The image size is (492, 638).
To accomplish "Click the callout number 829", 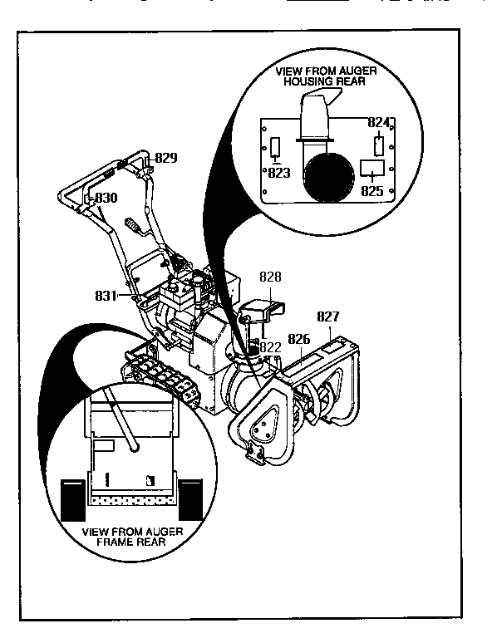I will (166, 157).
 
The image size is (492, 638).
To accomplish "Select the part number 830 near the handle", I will (106, 199).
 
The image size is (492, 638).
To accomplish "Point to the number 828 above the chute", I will (271, 277).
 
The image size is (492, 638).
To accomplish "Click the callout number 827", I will (329, 317).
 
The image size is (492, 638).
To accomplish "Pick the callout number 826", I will (299, 338).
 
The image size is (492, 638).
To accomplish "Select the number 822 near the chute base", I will (269, 347).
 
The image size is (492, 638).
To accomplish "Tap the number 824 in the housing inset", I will (378, 123).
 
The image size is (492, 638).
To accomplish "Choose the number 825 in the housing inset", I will (373, 190).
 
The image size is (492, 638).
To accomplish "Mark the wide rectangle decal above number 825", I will (371, 170).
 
